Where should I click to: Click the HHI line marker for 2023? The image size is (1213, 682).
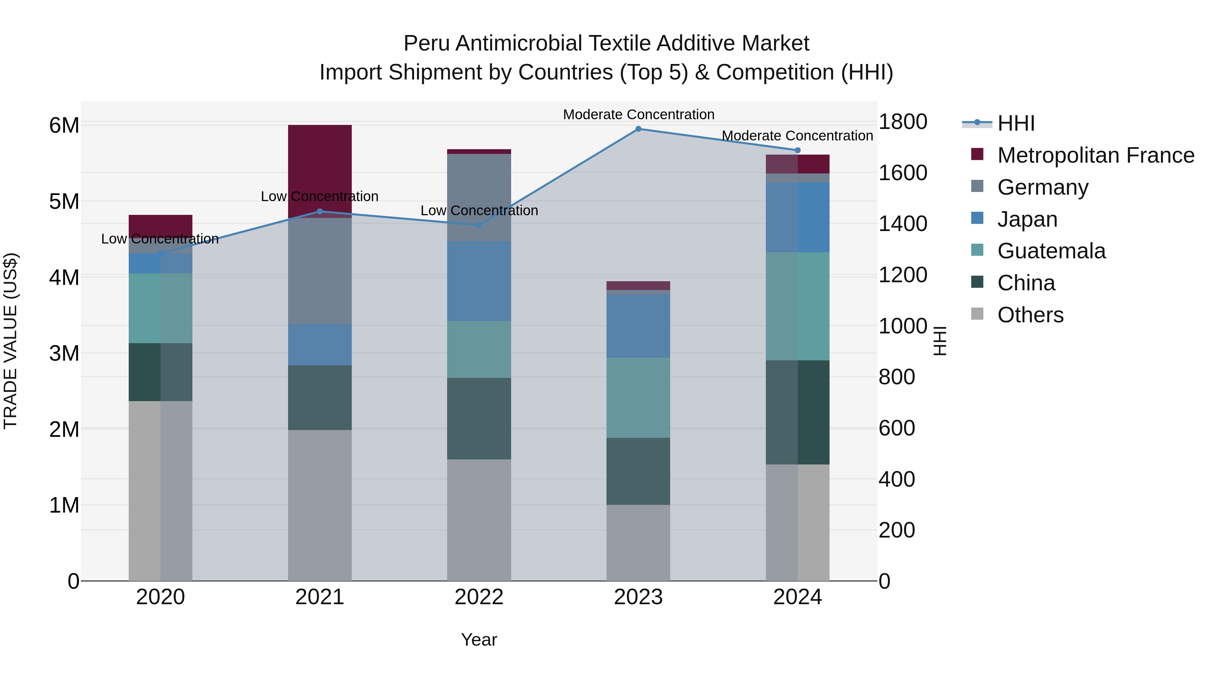(638, 129)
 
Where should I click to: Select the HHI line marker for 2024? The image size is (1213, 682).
(797, 150)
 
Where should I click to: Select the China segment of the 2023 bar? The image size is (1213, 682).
(638, 471)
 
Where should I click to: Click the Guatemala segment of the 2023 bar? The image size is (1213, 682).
(638, 398)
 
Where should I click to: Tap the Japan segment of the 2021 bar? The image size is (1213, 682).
(320, 345)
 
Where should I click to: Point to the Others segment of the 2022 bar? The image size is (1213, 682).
(479, 520)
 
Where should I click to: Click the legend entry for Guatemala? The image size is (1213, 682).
(1051, 251)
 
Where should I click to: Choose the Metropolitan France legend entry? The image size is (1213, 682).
(1095, 155)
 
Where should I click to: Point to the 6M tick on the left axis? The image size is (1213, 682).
(64, 126)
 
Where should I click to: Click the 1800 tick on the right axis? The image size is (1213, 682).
(903, 122)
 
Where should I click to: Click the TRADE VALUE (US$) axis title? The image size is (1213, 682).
(10, 341)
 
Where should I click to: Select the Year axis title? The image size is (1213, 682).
(479, 640)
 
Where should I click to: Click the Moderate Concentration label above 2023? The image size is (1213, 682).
(639, 115)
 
